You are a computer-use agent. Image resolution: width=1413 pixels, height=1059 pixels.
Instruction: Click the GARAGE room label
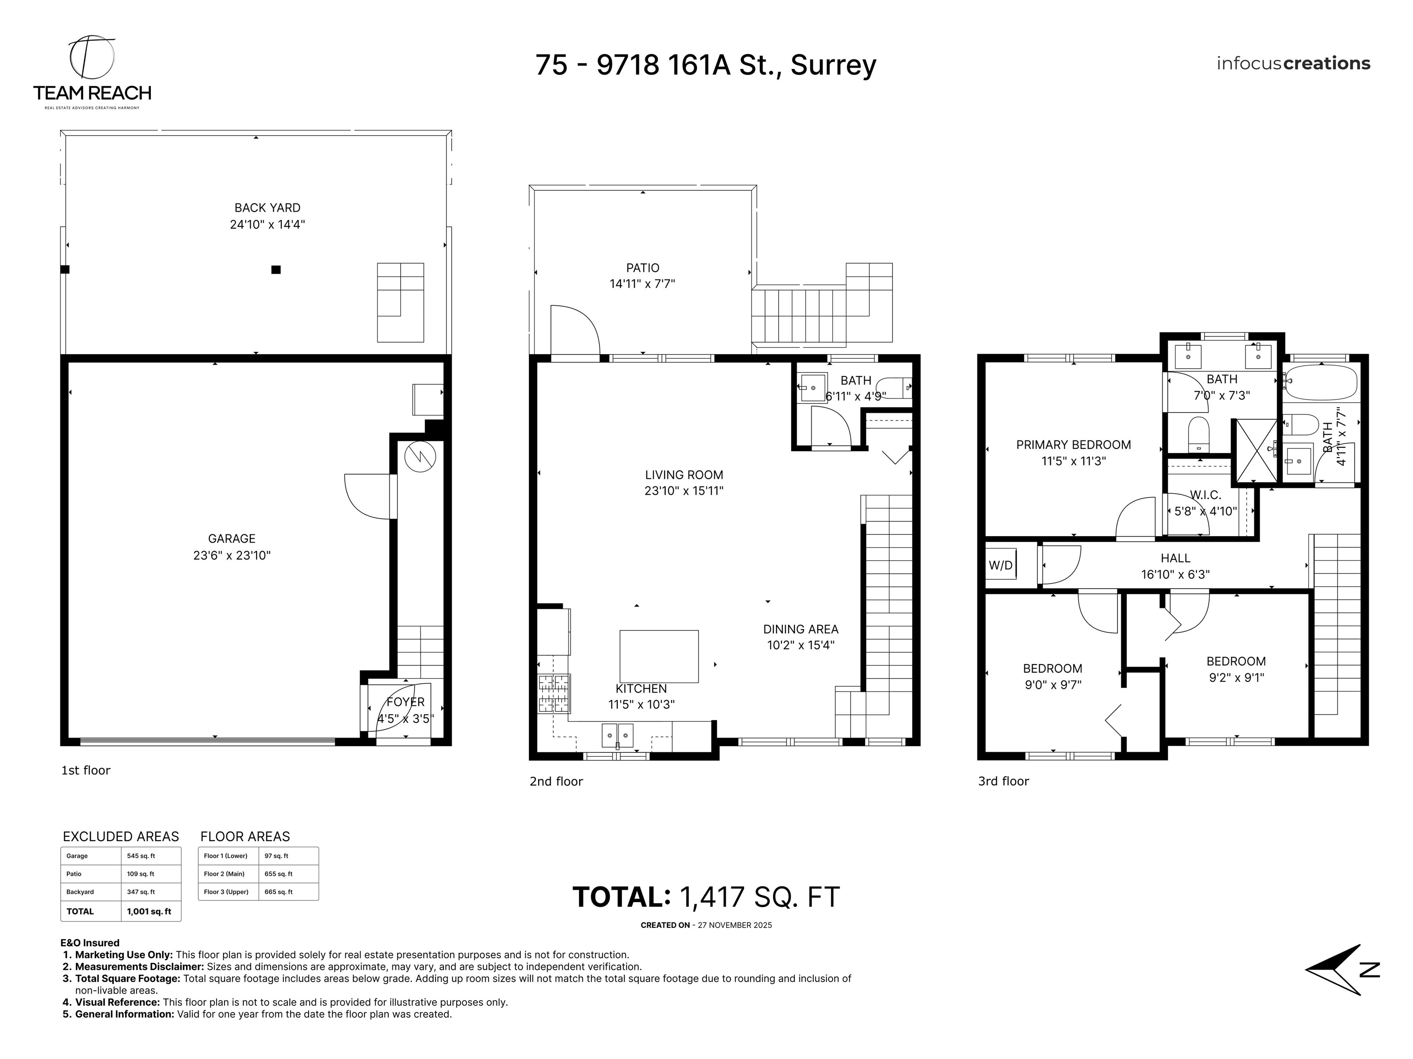tap(231, 538)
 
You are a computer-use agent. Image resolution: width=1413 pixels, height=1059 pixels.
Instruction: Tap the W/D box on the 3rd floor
tap(1000, 565)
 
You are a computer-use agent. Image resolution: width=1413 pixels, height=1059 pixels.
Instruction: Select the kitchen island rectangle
tap(659, 656)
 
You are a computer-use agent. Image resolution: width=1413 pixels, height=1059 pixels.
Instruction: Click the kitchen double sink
tap(617, 735)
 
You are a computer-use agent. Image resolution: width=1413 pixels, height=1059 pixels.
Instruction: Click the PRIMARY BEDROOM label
tap(1073, 445)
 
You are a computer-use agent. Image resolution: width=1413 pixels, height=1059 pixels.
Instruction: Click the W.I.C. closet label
tap(1206, 495)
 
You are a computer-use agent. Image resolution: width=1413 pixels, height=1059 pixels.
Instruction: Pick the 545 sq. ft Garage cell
tap(141, 856)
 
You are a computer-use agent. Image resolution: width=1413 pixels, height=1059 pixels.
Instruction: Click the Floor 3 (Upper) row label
tap(226, 892)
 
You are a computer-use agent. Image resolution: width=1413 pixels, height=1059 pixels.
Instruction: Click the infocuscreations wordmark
tap(1293, 63)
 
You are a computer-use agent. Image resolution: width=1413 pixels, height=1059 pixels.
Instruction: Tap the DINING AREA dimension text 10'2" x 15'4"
tap(800, 645)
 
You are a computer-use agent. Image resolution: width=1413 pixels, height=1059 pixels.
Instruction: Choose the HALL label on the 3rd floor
tap(1175, 558)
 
